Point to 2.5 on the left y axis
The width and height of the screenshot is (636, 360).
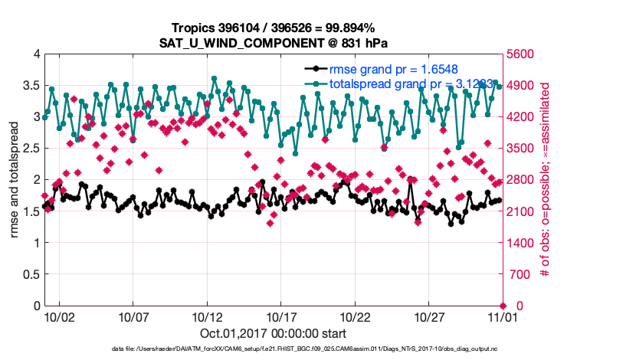[x=31, y=149]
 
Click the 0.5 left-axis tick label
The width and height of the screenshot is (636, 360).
[x=31, y=274]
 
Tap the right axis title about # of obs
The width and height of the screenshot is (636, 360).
[x=546, y=180]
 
